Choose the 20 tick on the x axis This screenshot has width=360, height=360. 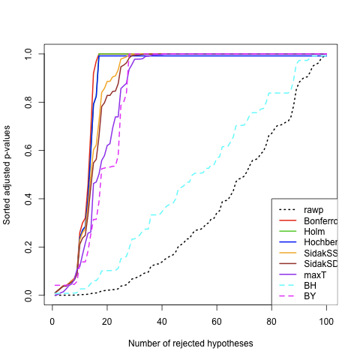[107, 320]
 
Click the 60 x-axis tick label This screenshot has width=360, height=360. [217, 320]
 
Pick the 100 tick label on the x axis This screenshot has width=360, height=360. [326, 320]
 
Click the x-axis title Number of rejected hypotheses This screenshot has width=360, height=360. [190, 343]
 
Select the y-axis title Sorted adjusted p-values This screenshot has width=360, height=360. [7, 175]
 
